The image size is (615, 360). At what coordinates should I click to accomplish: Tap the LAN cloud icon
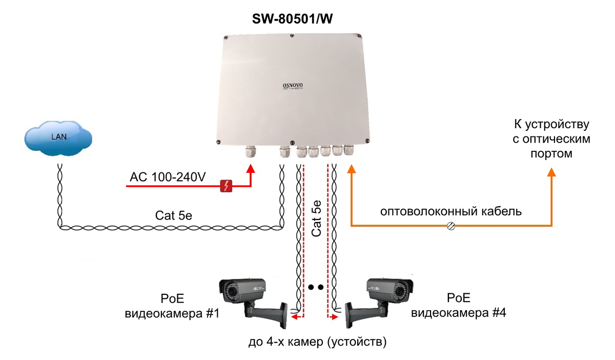57,137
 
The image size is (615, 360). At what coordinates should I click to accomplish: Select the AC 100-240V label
168,178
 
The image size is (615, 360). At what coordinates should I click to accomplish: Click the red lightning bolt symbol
227,186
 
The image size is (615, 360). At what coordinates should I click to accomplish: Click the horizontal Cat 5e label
174,215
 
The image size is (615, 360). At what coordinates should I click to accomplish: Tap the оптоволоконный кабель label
450,211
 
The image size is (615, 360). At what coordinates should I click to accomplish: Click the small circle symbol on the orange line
452,226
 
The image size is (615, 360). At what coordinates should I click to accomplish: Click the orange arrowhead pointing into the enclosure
351,169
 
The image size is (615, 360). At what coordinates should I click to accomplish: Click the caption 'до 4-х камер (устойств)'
317,341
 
